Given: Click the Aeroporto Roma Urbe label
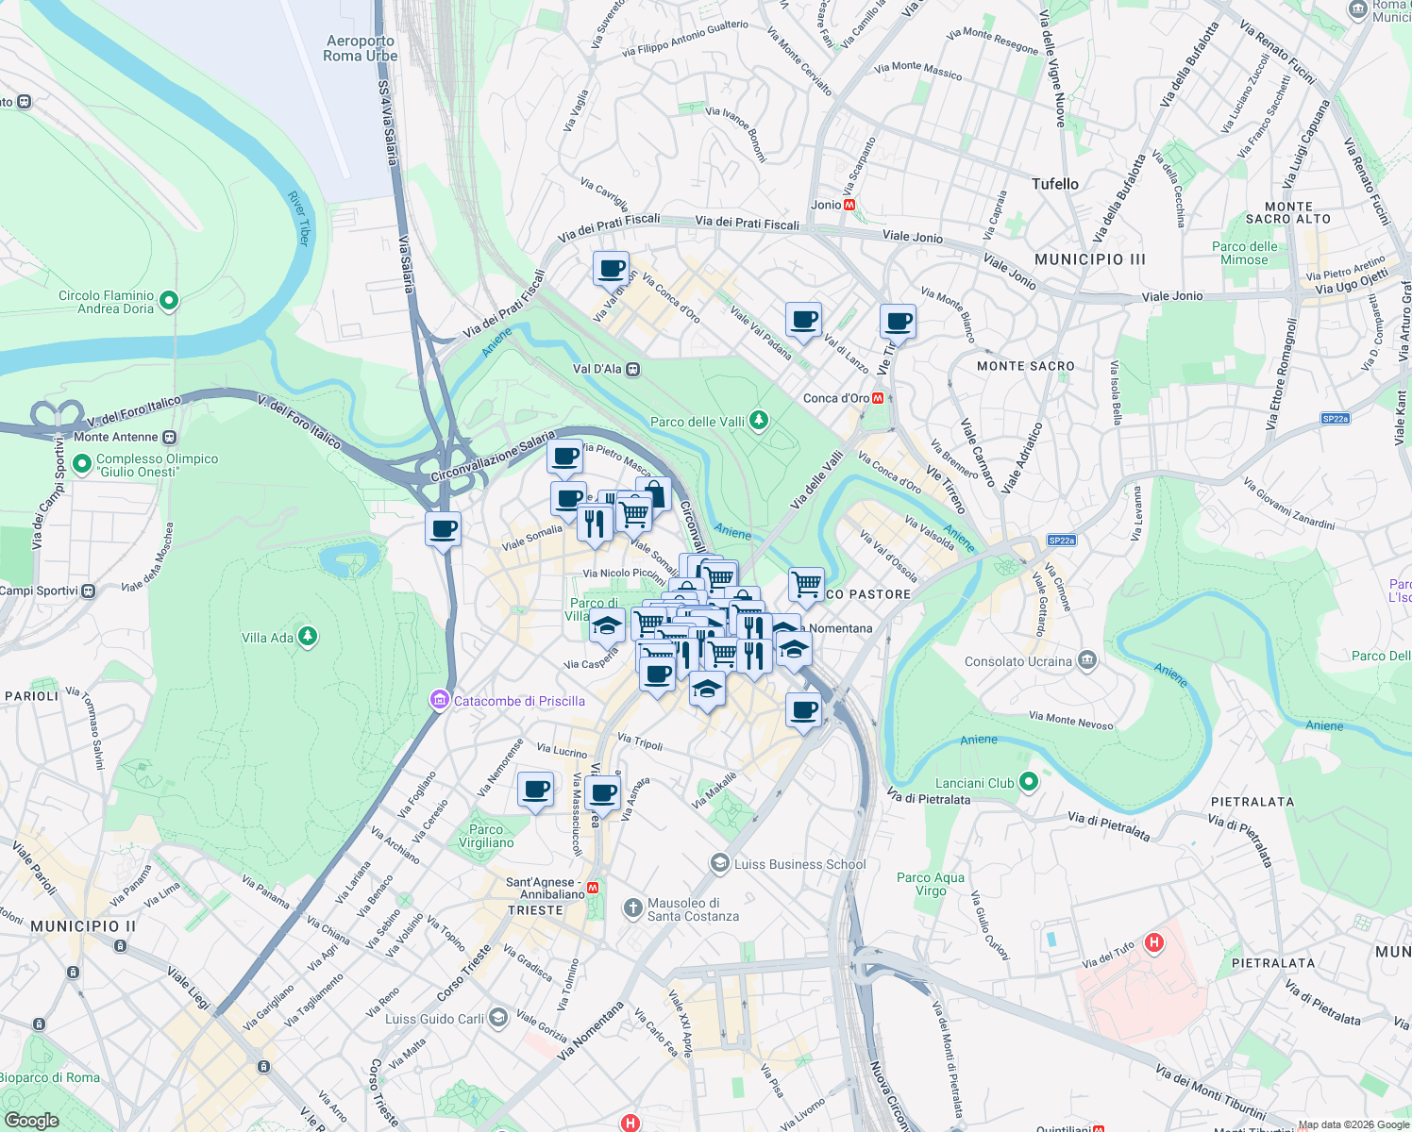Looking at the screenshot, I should (x=361, y=49).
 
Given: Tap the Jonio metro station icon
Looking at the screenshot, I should (x=849, y=205).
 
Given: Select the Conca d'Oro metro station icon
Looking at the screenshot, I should (x=879, y=398).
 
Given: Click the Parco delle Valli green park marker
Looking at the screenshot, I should (x=759, y=421).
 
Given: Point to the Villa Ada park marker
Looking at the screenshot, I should (x=307, y=638).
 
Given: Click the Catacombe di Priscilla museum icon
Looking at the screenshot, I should (x=439, y=700).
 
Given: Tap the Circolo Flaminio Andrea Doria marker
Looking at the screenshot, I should (x=169, y=301).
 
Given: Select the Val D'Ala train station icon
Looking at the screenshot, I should (x=633, y=369).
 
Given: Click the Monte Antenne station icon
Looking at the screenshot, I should (x=169, y=437).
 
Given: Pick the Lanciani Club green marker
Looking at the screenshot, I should (x=1029, y=782).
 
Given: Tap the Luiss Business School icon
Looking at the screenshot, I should (x=720, y=864).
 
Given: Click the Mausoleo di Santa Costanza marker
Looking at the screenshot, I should (x=632, y=908).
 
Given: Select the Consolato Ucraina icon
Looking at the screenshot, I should (x=1087, y=660).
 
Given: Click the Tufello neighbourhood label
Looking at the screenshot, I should (x=1054, y=184).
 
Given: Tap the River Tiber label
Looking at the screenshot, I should (x=298, y=219).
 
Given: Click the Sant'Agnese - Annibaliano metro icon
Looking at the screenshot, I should (x=593, y=888).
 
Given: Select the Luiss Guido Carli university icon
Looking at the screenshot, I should (x=498, y=1018).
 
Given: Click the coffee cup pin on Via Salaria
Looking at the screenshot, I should (x=443, y=529).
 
